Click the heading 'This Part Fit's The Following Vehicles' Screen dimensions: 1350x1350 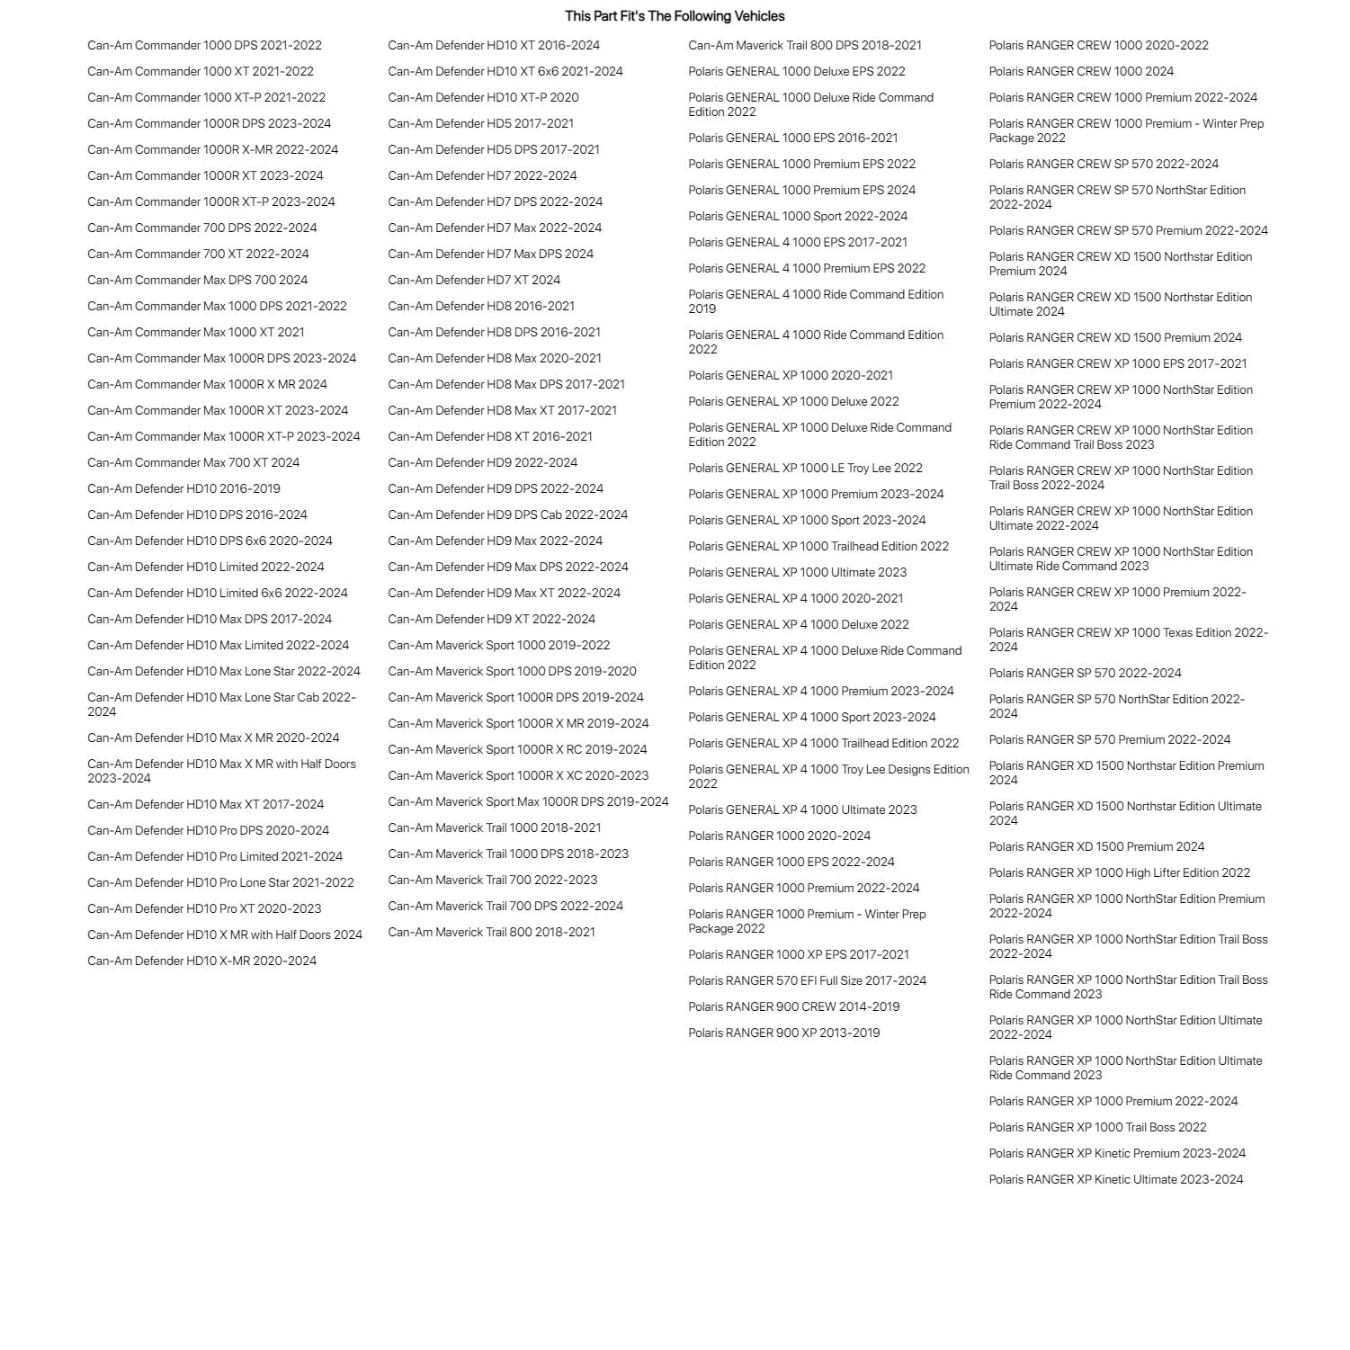tap(675, 16)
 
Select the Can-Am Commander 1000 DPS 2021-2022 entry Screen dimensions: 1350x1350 tap(204, 46)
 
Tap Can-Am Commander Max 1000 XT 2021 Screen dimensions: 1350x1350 tap(196, 333)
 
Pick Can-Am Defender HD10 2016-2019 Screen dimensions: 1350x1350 tap(183, 489)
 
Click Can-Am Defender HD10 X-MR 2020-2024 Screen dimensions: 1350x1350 tap(201, 961)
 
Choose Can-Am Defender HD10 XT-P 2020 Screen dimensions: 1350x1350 tap(483, 98)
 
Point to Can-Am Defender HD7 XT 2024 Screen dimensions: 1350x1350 tap(474, 281)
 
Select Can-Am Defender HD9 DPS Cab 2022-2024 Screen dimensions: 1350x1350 tap(507, 515)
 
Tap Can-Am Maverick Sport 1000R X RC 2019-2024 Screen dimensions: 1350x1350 tap(517, 750)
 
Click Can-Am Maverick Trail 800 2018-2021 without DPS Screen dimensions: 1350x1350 tap(491, 933)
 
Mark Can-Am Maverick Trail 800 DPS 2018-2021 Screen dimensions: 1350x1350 tap(804, 46)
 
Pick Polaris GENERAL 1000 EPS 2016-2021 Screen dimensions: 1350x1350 tap(792, 139)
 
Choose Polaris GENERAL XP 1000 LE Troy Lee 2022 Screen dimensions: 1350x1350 tap(805, 469)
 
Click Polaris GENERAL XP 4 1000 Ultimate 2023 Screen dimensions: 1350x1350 tap(802, 810)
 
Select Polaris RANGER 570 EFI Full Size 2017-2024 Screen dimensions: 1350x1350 tap(807, 981)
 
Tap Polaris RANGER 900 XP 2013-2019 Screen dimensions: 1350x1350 tap(783, 1033)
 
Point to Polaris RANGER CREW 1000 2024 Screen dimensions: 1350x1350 tap(1081, 72)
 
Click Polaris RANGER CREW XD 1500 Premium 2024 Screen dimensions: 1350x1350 tap(1115, 338)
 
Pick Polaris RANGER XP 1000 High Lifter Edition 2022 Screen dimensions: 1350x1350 tap(1119, 873)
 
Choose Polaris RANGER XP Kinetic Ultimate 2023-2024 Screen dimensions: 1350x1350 tap(1115, 1180)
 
